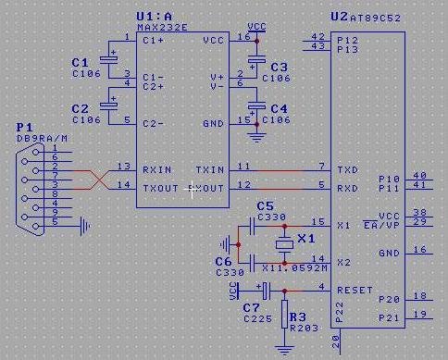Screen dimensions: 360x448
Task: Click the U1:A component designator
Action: point(156,17)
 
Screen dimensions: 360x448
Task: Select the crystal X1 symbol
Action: point(284,242)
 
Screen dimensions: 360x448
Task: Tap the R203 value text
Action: point(304,327)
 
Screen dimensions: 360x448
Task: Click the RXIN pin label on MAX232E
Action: point(157,170)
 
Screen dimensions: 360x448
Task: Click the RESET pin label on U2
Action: point(355,290)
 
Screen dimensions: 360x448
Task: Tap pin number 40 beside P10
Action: point(419,175)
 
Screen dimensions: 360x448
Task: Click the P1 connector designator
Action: point(24,127)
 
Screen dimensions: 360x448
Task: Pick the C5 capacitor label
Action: point(265,205)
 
